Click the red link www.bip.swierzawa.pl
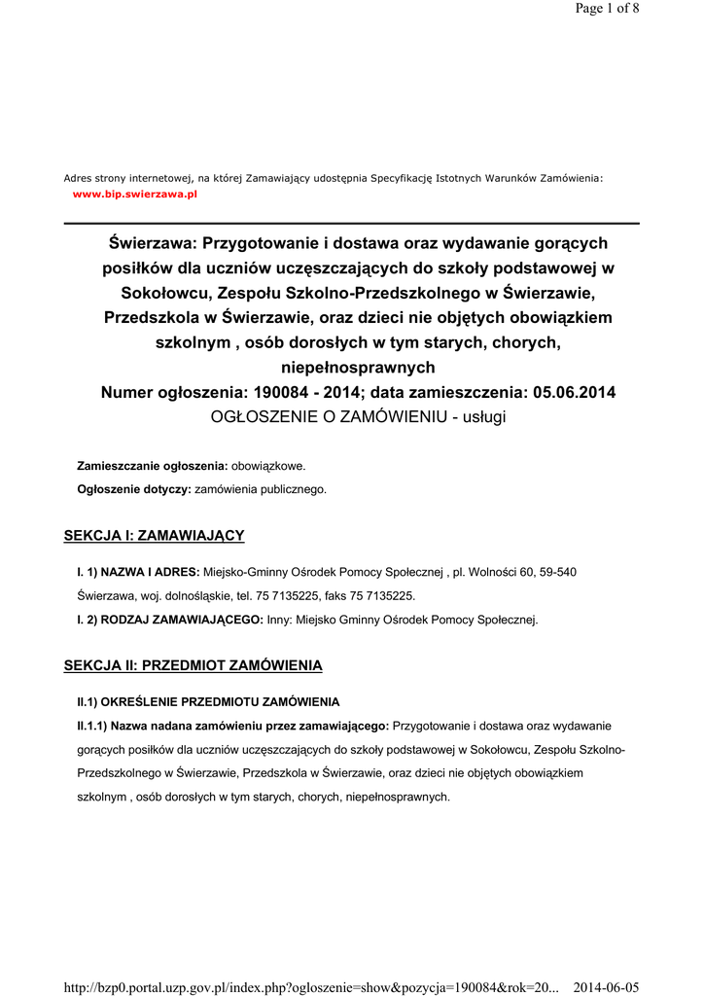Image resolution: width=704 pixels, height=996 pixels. coord(135,195)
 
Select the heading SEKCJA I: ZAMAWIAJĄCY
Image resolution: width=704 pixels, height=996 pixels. coord(154,535)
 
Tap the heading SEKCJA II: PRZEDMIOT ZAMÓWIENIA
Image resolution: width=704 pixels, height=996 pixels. coord(193,665)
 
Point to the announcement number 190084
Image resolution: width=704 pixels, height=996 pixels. coord(288,393)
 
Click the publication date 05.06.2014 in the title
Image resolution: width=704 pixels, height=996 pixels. coord(569,393)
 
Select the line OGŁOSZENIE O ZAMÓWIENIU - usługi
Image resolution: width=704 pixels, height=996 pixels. coord(359,417)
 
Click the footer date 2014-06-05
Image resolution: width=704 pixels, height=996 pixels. coord(606,987)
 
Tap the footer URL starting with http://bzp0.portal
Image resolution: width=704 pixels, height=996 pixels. coord(311,987)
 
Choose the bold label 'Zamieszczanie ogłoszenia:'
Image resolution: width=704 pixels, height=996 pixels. coord(153,466)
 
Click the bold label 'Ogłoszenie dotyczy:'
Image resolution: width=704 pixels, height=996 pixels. coord(134,489)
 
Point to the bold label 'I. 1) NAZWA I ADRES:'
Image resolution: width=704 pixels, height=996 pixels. coord(138,572)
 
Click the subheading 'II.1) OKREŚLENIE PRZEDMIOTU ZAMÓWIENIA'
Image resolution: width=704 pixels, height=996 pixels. coord(208,701)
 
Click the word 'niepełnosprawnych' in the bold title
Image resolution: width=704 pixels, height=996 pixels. coord(358,368)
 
